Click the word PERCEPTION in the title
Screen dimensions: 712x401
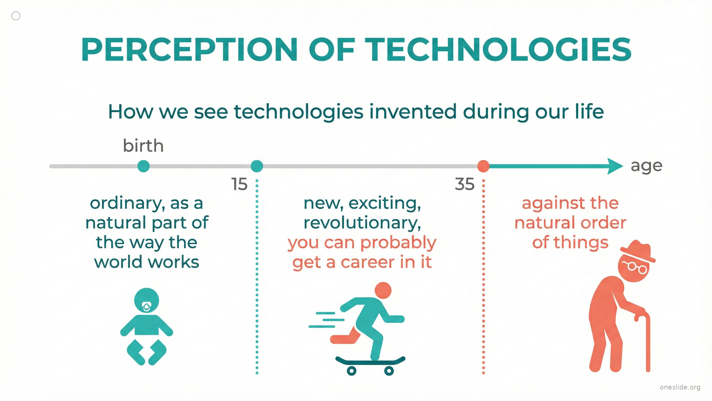[189, 49]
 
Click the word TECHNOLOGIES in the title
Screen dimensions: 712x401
[498, 49]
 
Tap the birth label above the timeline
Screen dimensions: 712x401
[143, 146]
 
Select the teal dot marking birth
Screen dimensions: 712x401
[144, 166]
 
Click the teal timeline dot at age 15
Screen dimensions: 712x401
[257, 166]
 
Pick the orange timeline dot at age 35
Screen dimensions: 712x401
[483, 166]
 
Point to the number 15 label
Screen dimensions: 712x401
[239, 184]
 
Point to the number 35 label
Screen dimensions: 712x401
[465, 184]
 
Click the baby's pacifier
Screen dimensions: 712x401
[147, 307]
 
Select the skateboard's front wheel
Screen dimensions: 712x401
[389, 370]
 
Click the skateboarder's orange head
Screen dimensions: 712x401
[383, 290]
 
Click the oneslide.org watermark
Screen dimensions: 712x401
[680, 387]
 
